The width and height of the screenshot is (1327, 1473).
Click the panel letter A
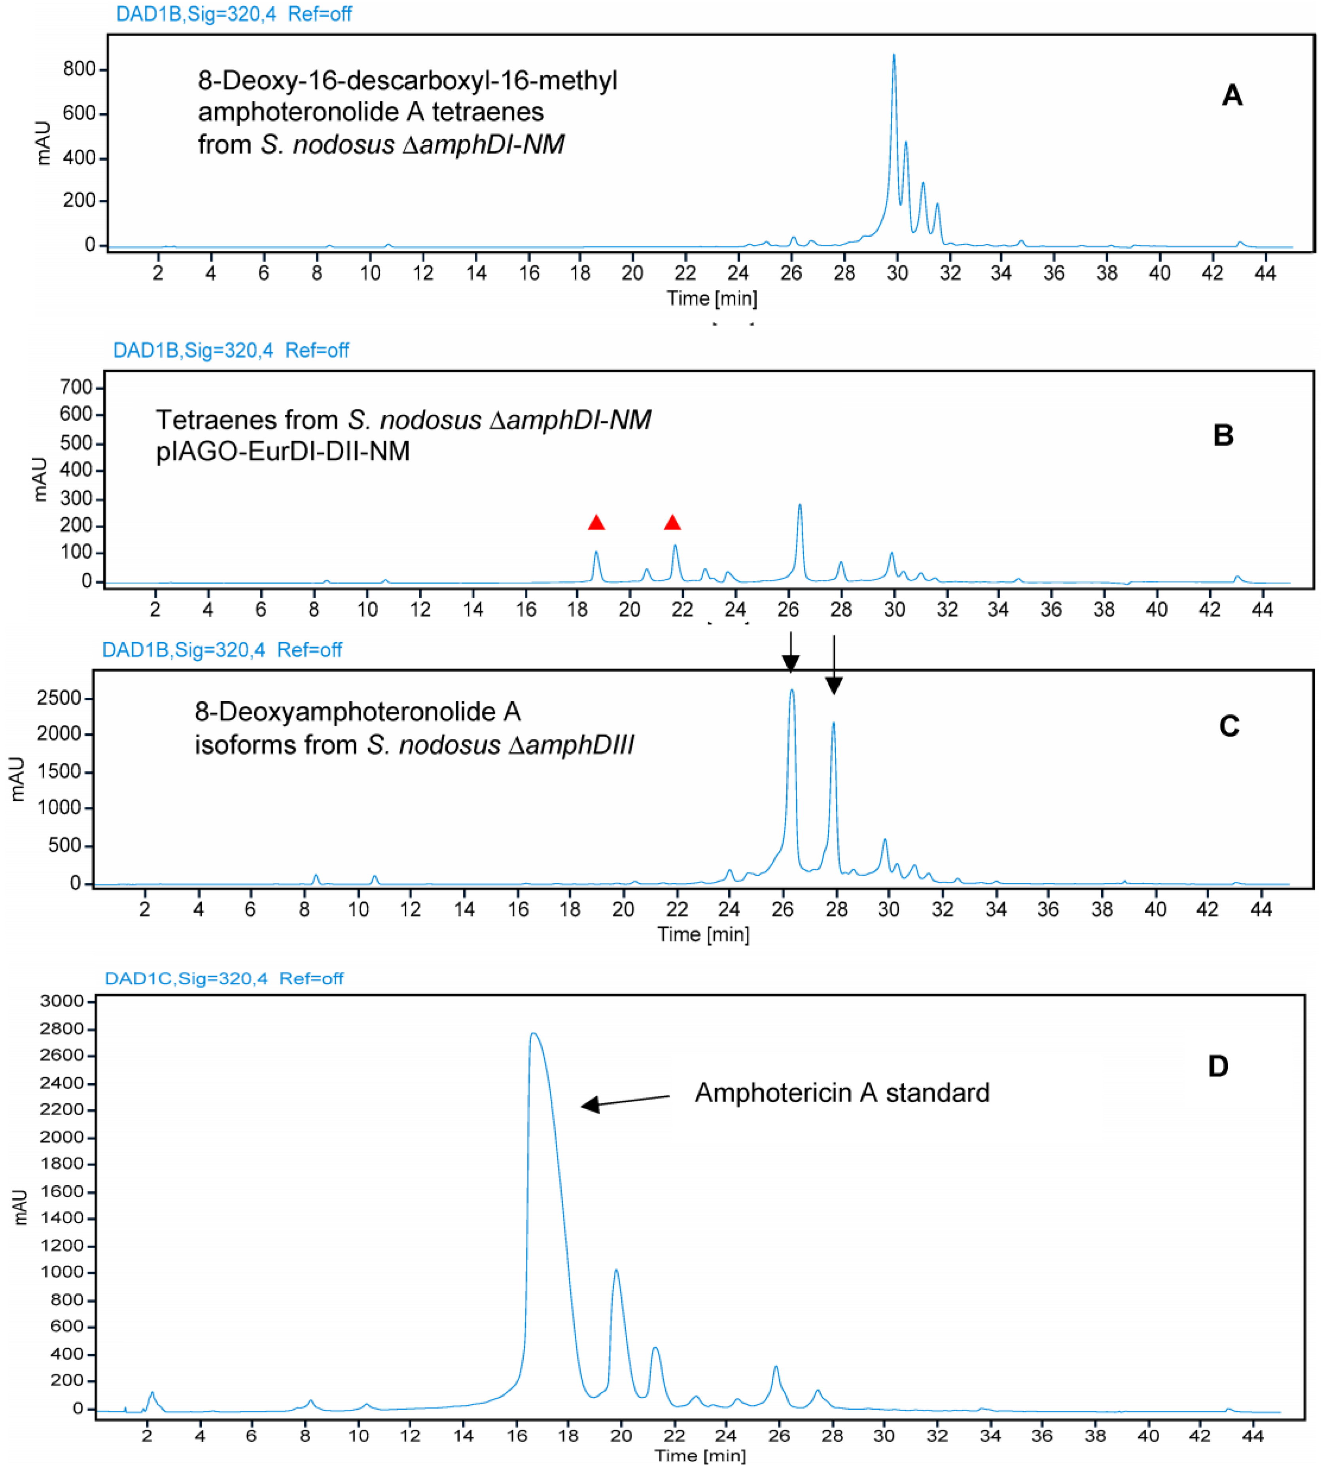1232,95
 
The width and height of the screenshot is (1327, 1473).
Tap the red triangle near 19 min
596,523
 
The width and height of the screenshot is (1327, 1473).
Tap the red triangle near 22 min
672,523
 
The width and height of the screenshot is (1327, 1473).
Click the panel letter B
1223,436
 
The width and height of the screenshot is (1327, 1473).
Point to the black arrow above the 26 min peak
790,653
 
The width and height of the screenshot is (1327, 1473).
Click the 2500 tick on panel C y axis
62,698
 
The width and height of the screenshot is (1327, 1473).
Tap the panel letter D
1218,1067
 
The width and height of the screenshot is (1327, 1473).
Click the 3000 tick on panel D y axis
62,1001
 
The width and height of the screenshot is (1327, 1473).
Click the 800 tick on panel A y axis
79,69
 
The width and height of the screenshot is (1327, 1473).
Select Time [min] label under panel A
712,298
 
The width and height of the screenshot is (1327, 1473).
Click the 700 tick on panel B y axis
76,387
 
